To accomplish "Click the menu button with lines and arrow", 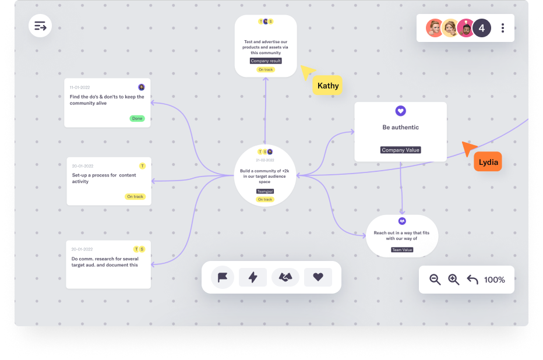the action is pos(40,26).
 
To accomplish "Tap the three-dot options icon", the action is pos(502,28).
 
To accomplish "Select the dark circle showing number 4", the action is pos(482,28).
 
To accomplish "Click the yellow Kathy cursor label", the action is pos(327,86).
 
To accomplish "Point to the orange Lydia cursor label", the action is pos(488,162).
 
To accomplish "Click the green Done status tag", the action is pos(137,118).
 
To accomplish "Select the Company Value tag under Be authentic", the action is pos(401,150).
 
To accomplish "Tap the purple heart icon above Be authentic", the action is pos(401,111).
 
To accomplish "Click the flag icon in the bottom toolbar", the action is pos(223,277).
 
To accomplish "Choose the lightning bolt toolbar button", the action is pos(253,277).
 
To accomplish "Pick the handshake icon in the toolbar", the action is pos(285,277).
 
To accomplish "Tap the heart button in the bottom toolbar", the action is pos(318,277).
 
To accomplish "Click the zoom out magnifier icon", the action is pos(435,280).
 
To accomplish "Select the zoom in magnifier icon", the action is pos(454,280).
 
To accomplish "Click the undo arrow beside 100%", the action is pos(473,279).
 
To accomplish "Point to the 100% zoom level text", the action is pos(495,280).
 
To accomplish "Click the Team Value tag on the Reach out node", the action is pos(402,249).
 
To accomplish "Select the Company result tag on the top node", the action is pos(266,61).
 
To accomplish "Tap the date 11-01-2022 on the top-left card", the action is pos(80,87).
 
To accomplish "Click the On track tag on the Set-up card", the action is pos(135,197).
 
